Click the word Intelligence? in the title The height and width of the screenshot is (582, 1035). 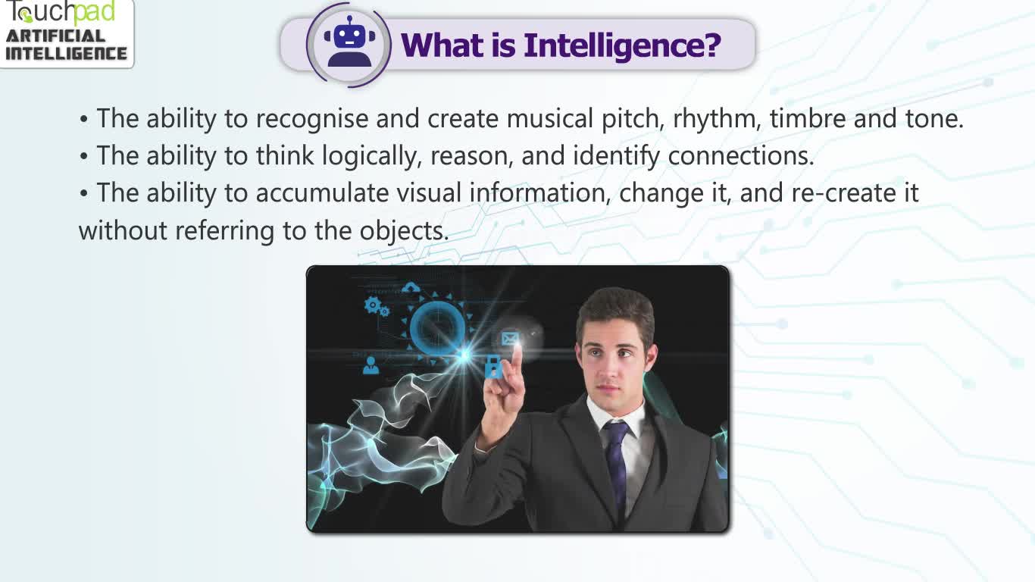tap(622, 45)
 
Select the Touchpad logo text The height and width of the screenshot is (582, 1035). tap(60, 12)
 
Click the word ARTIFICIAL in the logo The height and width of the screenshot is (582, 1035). tap(55, 36)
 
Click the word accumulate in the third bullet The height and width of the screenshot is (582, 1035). tap(322, 192)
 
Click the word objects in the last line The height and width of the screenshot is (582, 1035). tap(404, 231)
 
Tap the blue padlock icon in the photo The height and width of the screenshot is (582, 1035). tap(493, 367)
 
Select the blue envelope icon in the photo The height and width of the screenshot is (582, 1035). tap(510, 339)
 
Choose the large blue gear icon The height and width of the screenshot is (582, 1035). tap(372, 305)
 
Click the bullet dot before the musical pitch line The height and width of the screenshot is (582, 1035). tap(83, 119)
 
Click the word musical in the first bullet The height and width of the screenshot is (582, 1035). tap(549, 118)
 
